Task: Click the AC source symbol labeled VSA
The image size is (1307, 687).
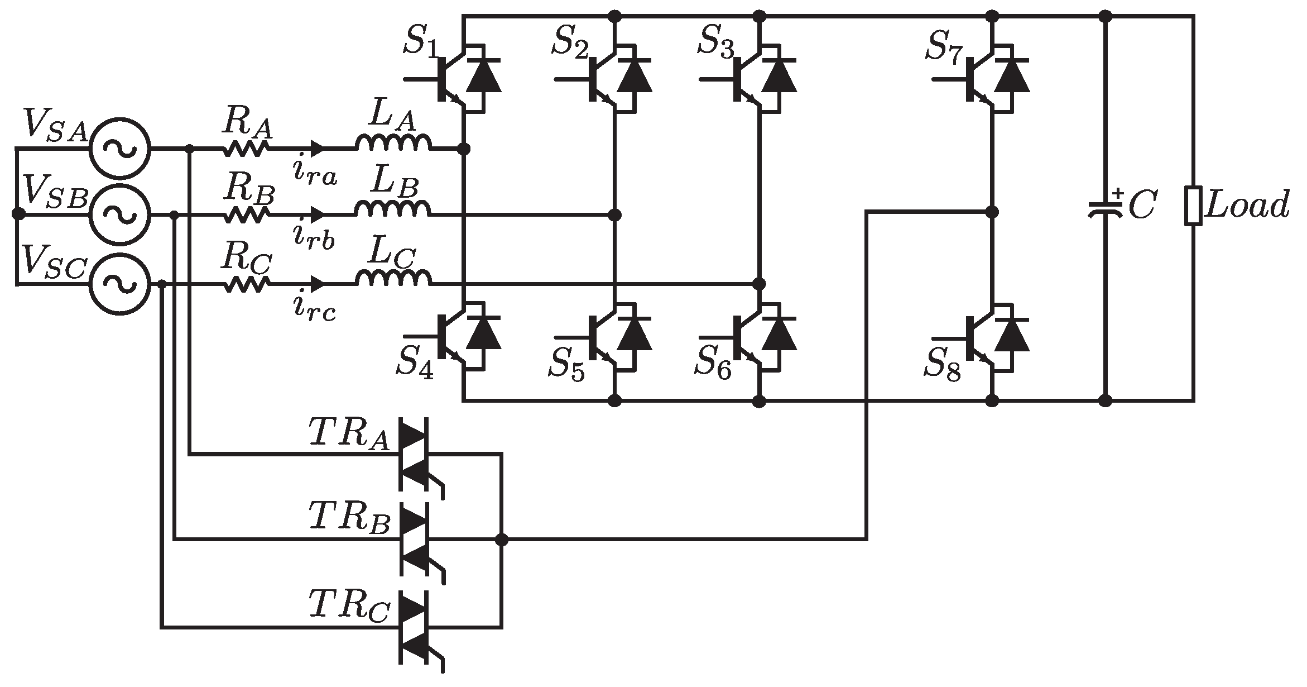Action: (x=120, y=149)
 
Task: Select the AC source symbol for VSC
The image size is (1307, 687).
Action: (x=120, y=284)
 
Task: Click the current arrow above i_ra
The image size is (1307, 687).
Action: (x=317, y=149)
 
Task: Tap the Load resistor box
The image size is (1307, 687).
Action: (x=1194, y=207)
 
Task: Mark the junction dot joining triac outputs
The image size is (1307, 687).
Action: (x=502, y=540)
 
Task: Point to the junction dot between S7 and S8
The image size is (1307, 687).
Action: (x=992, y=212)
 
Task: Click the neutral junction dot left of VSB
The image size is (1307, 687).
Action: (x=18, y=214)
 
